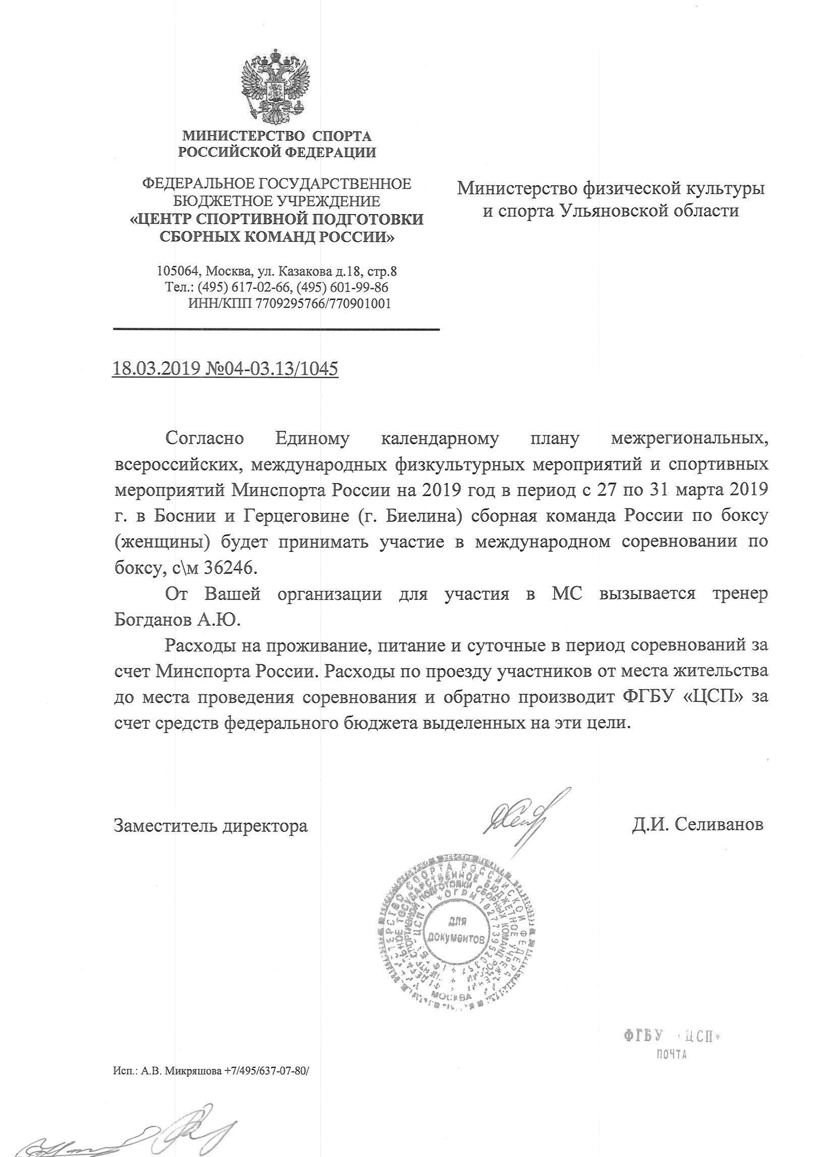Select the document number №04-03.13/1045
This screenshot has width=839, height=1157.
click(271, 368)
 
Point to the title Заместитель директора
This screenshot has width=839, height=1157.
click(210, 825)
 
